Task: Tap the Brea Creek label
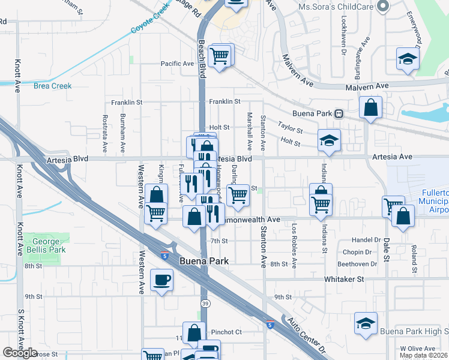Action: [x=52, y=86]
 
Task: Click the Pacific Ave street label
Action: [x=177, y=64]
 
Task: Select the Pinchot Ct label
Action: [x=226, y=332]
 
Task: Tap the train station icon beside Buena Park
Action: [x=339, y=113]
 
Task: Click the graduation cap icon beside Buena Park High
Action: [x=366, y=323]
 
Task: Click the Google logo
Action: [x=20, y=353]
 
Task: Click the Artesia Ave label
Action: [x=393, y=157]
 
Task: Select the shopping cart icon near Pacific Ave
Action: [x=220, y=56]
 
